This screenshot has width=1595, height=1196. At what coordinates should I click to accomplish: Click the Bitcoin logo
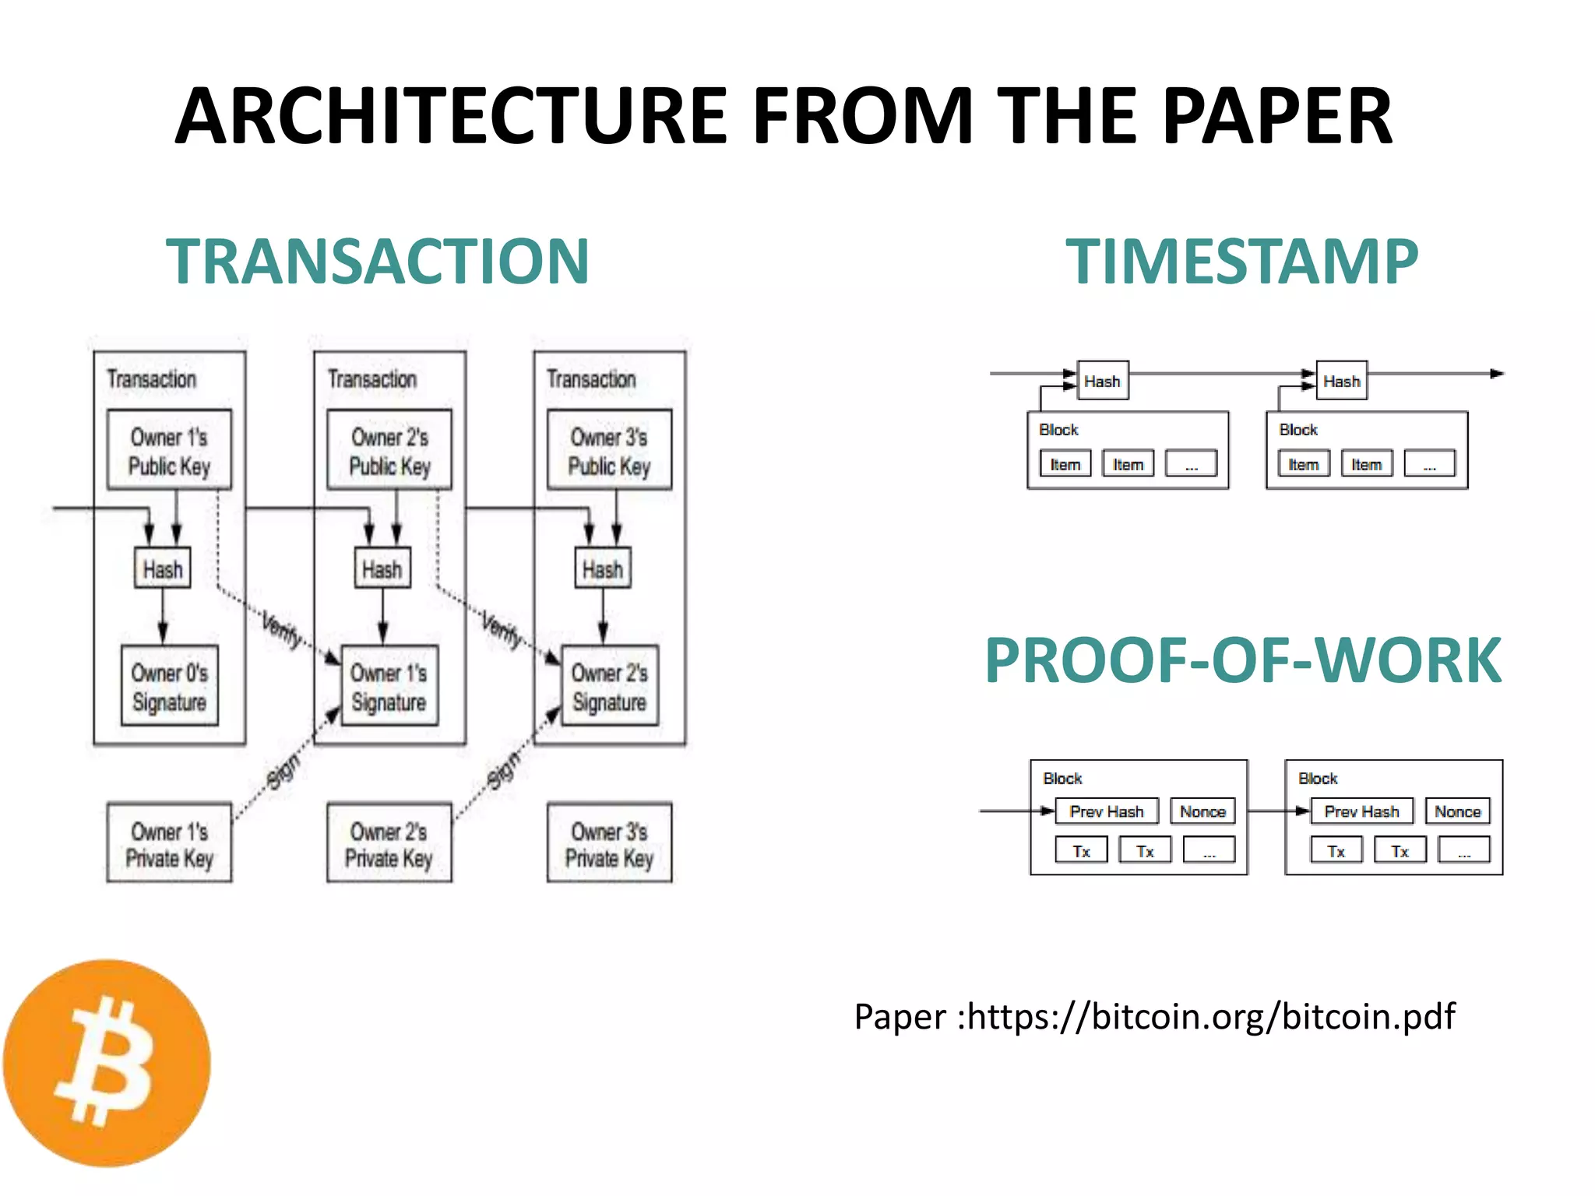107,1063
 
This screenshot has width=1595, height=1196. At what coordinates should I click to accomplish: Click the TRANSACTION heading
378,262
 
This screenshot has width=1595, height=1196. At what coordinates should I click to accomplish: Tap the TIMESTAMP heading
1241,262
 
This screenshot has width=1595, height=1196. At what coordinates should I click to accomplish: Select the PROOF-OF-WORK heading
1243,660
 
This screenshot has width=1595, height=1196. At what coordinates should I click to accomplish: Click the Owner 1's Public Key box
169,451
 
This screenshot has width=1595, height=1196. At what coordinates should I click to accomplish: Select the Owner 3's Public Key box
609,451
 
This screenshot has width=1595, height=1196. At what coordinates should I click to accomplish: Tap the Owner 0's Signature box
169,687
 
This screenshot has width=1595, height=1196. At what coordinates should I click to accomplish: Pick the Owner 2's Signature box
610,687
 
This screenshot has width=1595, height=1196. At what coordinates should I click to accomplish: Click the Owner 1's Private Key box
169,843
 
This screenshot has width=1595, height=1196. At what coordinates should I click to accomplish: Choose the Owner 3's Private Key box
609,843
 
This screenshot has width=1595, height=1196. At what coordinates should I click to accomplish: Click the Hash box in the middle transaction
382,569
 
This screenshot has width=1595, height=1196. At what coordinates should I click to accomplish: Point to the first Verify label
281,629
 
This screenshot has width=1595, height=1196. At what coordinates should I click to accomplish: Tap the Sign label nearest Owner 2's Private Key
502,769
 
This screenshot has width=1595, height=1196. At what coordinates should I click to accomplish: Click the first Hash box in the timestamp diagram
1103,381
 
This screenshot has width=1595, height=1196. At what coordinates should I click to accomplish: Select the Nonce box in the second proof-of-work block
1457,811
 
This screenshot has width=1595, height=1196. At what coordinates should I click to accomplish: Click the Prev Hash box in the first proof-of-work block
1107,811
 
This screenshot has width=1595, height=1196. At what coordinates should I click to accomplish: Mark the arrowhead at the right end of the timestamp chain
1497,374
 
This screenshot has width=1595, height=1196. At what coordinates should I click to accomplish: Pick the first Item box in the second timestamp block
1304,464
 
